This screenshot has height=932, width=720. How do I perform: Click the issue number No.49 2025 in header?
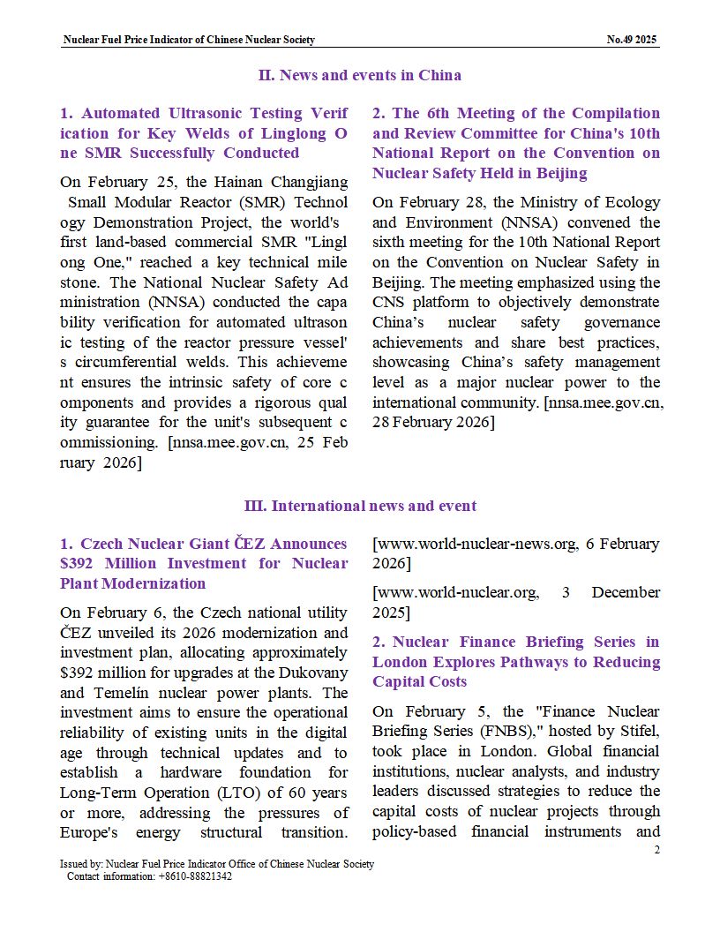click(x=632, y=40)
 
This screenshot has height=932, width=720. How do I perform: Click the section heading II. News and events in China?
click(x=359, y=75)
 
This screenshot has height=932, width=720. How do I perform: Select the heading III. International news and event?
click(x=359, y=506)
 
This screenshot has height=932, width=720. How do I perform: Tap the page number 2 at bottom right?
click(x=656, y=849)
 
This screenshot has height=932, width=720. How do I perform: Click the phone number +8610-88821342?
click(x=195, y=876)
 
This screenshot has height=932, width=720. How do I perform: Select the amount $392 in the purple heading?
click(x=79, y=563)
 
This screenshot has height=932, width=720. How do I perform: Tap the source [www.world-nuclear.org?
click(x=456, y=592)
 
